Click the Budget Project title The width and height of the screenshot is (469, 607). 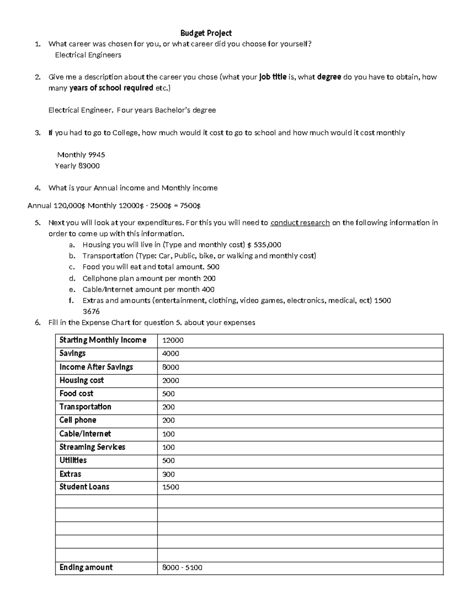coord(206,33)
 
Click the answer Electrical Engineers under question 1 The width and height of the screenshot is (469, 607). coord(88,55)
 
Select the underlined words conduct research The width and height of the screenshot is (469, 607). coord(300,223)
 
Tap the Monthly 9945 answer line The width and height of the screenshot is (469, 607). coord(81,155)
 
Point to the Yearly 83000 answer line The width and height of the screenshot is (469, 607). coord(77,166)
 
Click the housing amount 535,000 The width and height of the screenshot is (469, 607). coord(267,245)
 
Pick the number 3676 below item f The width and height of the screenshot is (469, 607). coord(91,312)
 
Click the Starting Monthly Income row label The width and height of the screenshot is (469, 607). coord(103,340)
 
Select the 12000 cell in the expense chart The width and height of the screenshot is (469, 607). coord(173,340)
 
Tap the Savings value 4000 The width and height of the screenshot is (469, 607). coord(171,354)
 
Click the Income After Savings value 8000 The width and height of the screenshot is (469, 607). coord(171,367)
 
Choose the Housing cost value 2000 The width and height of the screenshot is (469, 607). coord(171,381)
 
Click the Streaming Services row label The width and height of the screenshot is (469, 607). coord(92,447)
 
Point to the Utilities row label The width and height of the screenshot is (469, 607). coord(73,460)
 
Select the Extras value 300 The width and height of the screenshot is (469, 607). coord(168,474)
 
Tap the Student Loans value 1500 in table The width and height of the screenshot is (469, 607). coord(171,487)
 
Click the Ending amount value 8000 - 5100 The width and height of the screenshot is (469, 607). coord(182,568)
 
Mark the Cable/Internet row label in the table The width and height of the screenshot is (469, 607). coord(85,434)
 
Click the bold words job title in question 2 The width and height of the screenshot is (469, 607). coord(273,77)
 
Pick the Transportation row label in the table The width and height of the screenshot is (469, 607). coord(85,407)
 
